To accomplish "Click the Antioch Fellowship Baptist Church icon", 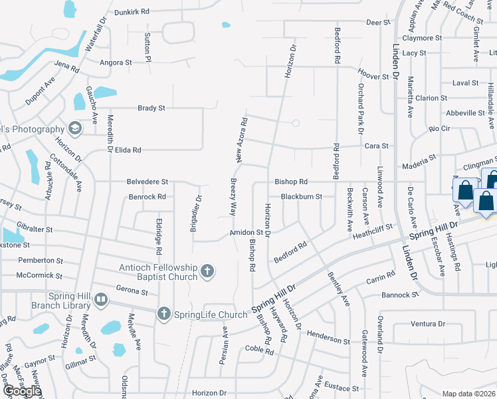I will [x=208, y=271].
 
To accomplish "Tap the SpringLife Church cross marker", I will [x=164, y=313].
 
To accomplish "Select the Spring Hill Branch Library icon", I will [x=100, y=301].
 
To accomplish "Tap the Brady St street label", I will [x=151, y=108].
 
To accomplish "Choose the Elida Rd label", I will [x=128, y=150].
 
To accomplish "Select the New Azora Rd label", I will [x=243, y=140].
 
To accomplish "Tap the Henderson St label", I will [x=328, y=340].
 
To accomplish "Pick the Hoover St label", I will [x=373, y=77].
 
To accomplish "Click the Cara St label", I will [x=375, y=146].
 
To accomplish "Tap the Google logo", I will [x=22, y=392].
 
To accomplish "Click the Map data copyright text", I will [x=468, y=394].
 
